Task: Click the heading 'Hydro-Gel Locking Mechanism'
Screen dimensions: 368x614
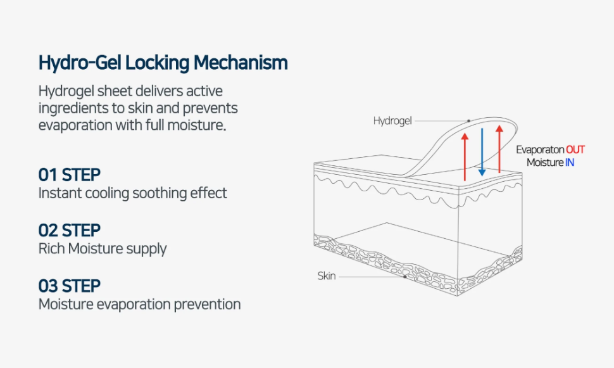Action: point(163,63)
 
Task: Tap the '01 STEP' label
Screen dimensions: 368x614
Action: point(70,174)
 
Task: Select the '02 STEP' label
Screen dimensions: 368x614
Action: point(70,230)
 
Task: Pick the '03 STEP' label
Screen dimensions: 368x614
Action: point(70,286)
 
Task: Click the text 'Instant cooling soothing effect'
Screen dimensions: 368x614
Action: point(132,193)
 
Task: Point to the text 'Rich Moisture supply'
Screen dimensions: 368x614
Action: point(103,248)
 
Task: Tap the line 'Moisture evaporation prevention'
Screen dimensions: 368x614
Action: point(139,304)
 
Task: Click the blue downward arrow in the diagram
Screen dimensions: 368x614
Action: point(482,152)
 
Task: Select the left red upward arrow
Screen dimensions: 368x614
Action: point(465,156)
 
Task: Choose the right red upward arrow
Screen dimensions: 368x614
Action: point(499,149)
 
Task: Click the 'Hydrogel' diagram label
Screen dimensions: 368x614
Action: point(392,120)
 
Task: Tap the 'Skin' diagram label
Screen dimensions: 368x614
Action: point(327,276)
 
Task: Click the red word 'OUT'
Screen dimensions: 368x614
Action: point(575,150)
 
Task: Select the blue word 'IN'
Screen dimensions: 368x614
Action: point(569,163)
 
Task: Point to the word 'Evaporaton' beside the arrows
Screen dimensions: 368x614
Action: point(539,150)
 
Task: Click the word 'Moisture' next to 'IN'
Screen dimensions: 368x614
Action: point(545,163)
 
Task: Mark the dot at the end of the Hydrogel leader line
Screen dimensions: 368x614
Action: point(469,120)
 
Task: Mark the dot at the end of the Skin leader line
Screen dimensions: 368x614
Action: point(404,276)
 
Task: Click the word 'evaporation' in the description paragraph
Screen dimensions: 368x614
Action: point(75,125)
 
